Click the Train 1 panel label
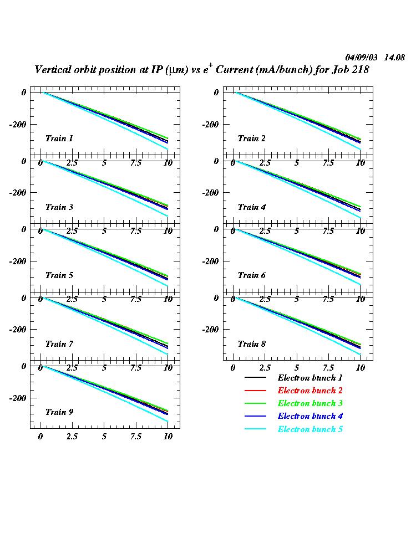point(59,138)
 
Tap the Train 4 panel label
point(251,207)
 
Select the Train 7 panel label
point(59,344)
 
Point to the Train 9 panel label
point(59,412)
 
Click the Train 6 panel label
point(251,275)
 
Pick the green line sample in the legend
point(255,404)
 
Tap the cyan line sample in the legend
point(255,430)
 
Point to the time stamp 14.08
point(394,58)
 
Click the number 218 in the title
point(359,70)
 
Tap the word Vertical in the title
point(53,70)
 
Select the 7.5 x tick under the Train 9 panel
point(135,437)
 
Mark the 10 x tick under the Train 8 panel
point(360,368)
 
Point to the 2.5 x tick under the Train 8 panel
point(265,368)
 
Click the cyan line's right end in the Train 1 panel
point(168,149)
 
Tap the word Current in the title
point(235,70)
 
